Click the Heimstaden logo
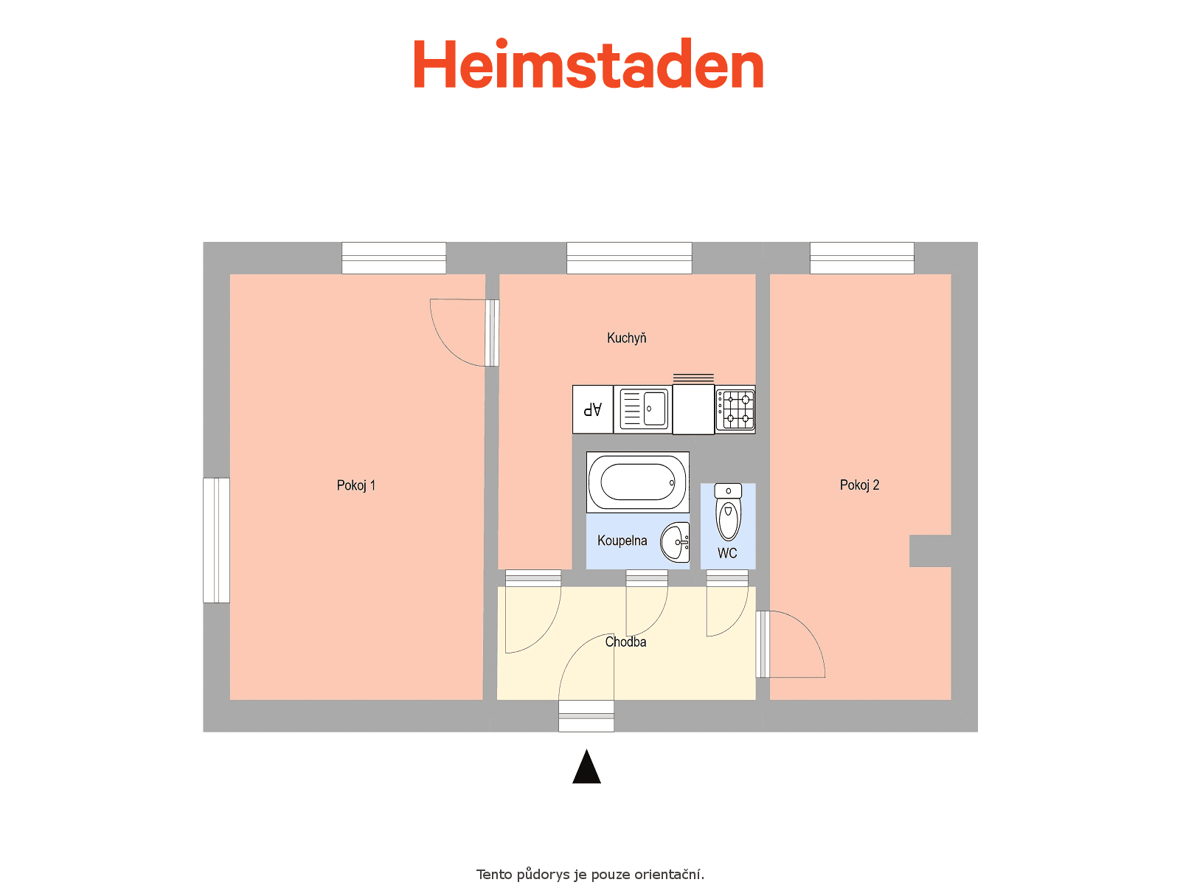588,63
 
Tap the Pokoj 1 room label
356,486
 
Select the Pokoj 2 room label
860,485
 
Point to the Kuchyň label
626,338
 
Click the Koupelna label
622,541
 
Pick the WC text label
727,553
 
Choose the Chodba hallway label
625,642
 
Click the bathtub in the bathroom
638,482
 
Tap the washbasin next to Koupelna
676,542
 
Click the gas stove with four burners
735,409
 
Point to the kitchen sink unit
643,409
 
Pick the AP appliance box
592,409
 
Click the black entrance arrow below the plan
586,767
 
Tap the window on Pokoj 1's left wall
216,540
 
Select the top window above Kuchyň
629,258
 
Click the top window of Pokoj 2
861,258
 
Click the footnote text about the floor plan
590,875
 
